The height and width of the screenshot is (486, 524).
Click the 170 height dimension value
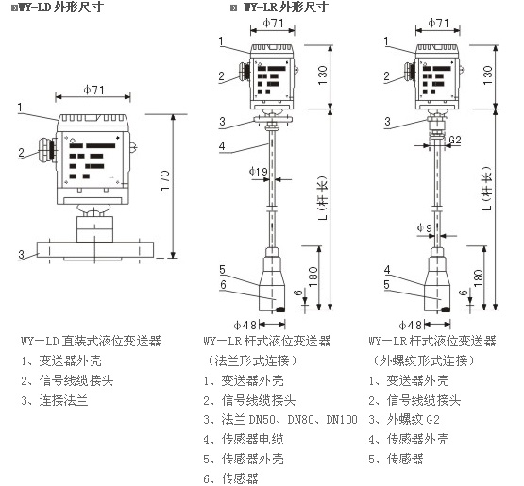[x=165, y=180]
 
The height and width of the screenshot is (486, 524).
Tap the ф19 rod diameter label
[x=259, y=172]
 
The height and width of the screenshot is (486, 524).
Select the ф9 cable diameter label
[x=425, y=227]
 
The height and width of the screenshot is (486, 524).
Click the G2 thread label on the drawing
[x=455, y=140]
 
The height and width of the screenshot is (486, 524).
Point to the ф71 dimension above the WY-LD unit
[x=94, y=90]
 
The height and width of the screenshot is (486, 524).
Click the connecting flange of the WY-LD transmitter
[x=95, y=249]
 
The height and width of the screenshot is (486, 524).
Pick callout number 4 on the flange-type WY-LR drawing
[x=222, y=145]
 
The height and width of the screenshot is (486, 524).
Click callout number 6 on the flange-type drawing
[x=223, y=284]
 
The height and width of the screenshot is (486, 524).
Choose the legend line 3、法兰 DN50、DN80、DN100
[x=280, y=420]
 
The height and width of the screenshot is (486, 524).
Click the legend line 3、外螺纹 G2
[x=404, y=420]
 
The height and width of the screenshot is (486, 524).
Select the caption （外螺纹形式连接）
[x=423, y=360]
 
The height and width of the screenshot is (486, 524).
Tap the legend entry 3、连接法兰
[x=55, y=400]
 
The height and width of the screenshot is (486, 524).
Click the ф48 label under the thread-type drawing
[x=410, y=325]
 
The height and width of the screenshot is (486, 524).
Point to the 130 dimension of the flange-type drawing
[x=323, y=75]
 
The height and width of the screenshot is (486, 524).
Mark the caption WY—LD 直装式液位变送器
[x=91, y=341]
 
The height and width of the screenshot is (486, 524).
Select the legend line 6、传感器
[x=230, y=478]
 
